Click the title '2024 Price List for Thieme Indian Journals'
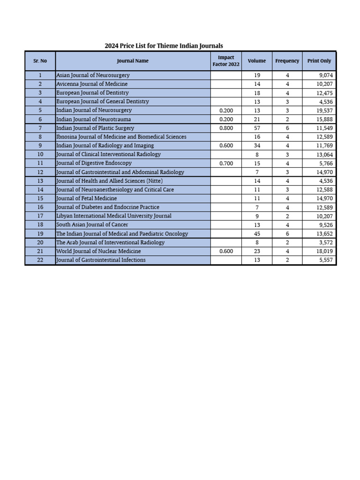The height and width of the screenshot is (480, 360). (x=164, y=46)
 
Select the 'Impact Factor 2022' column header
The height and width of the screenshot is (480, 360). (x=226, y=61)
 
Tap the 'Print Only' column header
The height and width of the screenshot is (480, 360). (x=319, y=61)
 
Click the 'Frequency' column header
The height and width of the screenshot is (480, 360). (x=287, y=61)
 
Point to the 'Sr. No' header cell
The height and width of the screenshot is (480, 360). (x=40, y=61)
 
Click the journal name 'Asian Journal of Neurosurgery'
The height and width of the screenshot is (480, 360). (x=93, y=75)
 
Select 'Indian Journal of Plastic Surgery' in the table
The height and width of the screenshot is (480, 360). (x=95, y=128)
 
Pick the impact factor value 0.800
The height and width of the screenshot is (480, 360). (x=226, y=128)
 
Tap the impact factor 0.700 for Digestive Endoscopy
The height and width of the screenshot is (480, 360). (x=226, y=163)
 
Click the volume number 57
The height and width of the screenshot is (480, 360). (x=256, y=128)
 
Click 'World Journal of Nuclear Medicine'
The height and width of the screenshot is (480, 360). (x=98, y=251)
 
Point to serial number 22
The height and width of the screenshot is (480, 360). (x=40, y=260)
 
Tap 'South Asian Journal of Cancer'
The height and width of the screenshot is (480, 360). (x=92, y=225)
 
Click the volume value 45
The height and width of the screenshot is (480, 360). (x=256, y=234)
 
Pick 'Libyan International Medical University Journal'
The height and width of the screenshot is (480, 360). (x=114, y=216)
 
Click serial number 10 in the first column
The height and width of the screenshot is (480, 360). (x=40, y=154)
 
